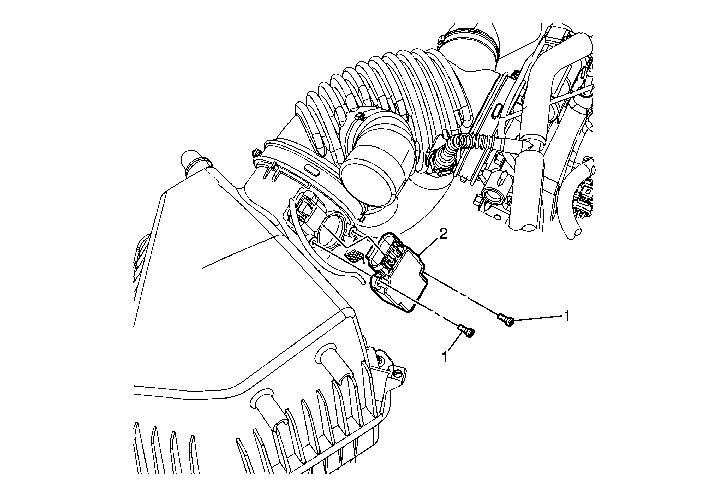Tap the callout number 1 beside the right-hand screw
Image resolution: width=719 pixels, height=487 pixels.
567,317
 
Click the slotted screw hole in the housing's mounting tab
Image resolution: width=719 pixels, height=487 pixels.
398,373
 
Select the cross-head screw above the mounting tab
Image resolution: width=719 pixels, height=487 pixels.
380,360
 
